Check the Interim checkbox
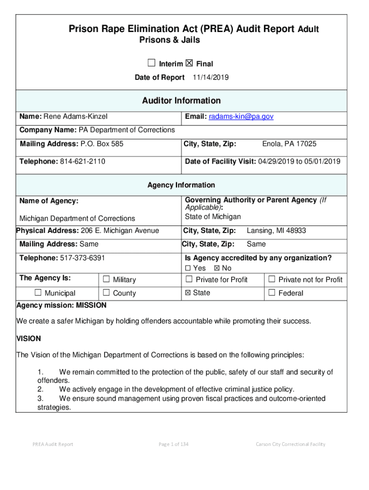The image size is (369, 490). pyautogui.click(x=151, y=63)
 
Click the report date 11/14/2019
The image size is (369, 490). pyautogui.click(x=210, y=78)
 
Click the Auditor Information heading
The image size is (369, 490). pyautogui.click(x=181, y=100)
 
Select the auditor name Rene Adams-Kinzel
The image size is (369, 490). pyautogui.click(x=76, y=116)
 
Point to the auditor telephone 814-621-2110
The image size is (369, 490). pyautogui.click(x=82, y=161)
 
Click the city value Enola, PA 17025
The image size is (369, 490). pyautogui.click(x=289, y=144)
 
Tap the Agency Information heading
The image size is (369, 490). pyautogui.click(x=181, y=185)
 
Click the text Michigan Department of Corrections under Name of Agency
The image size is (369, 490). pyautogui.click(x=77, y=218)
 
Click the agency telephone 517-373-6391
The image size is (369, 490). pyautogui.click(x=82, y=258)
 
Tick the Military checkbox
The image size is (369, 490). pyautogui.click(x=106, y=279)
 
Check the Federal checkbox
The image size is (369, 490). pyautogui.click(x=272, y=293)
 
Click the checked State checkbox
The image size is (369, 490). pyautogui.click(x=188, y=293)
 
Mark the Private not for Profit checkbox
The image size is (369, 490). pyautogui.click(x=272, y=279)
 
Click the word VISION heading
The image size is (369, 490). pyautogui.click(x=29, y=338)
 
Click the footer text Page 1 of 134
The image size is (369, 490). pyautogui.click(x=173, y=444)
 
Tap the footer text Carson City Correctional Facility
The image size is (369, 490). pyautogui.click(x=290, y=444)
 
